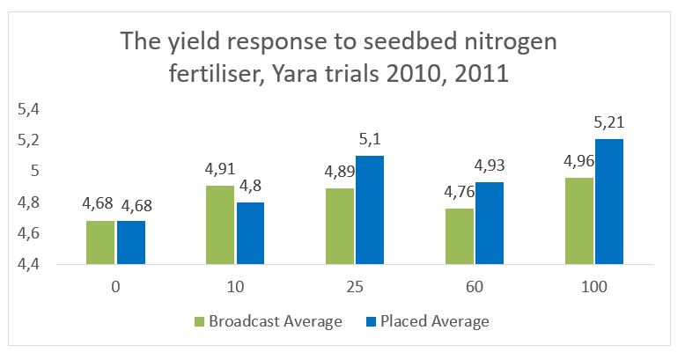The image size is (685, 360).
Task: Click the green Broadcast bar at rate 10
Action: coord(220,224)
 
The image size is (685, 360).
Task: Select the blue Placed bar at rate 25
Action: coord(370,209)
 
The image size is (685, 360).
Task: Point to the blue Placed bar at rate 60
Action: coord(490,223)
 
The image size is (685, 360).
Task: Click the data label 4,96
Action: coord(576,160)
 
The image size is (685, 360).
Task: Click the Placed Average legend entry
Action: coord(433,321)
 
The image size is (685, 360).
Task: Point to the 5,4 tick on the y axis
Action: coord(31,109)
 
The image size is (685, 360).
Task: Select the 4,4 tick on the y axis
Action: coord(31,264)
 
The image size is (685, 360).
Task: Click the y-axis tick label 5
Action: coord(36,171)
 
